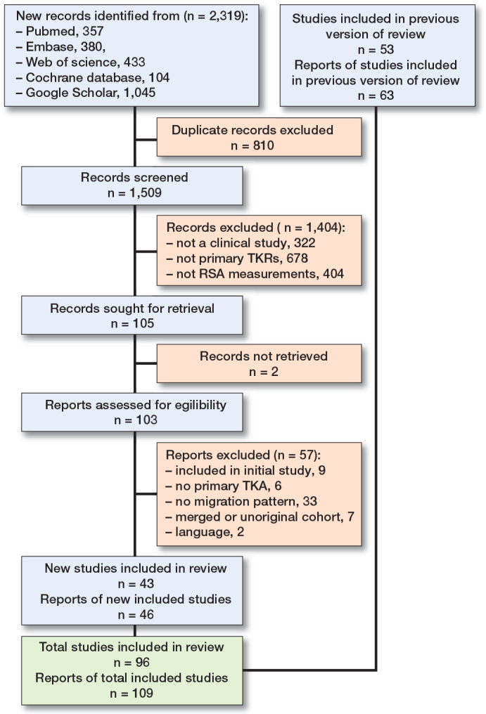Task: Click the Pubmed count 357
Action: click(x=93, y=31)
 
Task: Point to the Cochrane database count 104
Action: click(x=159, y=77)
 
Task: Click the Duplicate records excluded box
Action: click(x=259, y=138)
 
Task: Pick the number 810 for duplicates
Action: click(x=263, y=145)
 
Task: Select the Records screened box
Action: click(x=132, y=186)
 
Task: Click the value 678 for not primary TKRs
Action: click(x=298, y=258)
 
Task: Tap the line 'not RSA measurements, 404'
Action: click(x=255, y=273)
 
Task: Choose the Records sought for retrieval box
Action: click(x=132, y=315)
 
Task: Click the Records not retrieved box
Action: click(x=259, y=363)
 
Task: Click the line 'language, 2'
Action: click(x=205, y=532)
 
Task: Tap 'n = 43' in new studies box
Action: click(x=136, y=584)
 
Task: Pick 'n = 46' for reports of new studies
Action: click(x=136, y=615)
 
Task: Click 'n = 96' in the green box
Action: click(x=132, y=663)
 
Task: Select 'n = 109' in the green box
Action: click(x=132, y=694)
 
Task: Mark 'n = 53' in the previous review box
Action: click(x=376, y=49)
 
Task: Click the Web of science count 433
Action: click(x=134, y=62)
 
